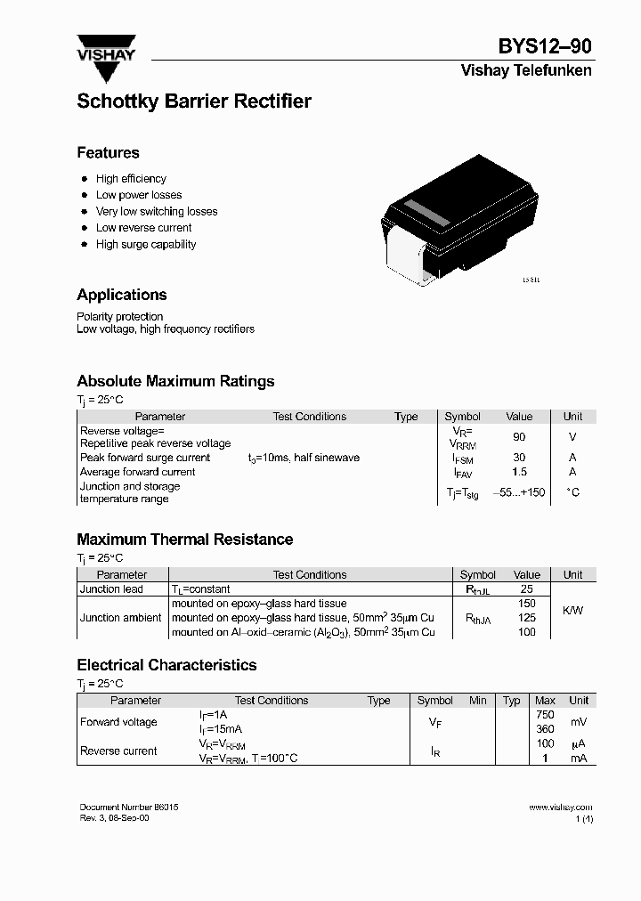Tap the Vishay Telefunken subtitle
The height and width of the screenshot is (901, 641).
coord(525,70)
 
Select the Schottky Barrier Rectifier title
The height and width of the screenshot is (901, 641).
coord(194,101)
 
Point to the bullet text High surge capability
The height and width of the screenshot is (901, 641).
coord(146,244)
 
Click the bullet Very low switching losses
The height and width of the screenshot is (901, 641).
coord(157,211)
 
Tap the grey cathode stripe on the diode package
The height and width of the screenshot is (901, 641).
coord(425,215)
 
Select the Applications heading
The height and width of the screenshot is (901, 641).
coord(122,295)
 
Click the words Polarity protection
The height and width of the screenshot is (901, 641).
coord(120,317)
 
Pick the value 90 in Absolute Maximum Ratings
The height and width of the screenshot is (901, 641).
coord(519,437)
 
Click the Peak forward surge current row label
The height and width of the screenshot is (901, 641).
coord(145,458)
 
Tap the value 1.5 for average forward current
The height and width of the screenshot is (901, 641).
coord(519,472)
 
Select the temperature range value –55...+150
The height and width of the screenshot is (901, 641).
coord(519,492)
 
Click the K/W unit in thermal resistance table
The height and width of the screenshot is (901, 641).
coord(572,611)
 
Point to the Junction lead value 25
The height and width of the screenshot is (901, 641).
coord(526,589)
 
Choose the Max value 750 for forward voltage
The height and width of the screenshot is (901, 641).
coord(545,715)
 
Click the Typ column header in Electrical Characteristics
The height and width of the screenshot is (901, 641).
coord(511,701)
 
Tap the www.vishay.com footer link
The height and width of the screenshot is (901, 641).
coord(560,807)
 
